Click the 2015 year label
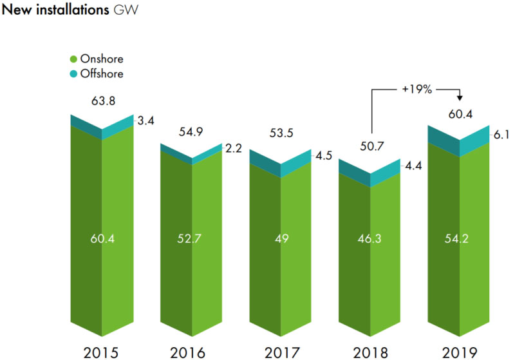101,352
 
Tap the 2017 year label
281,352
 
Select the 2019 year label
460,352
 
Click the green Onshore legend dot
73,60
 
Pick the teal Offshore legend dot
73,73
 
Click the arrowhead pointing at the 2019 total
460,97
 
